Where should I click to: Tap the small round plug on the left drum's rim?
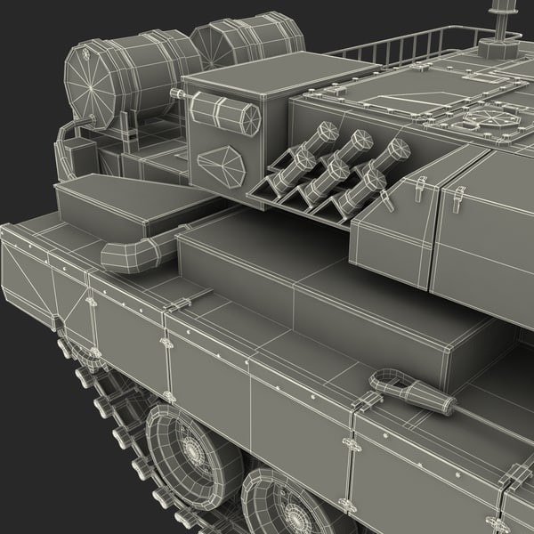(x=86, y=53)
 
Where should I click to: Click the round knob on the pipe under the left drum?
(x=90, y=118)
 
